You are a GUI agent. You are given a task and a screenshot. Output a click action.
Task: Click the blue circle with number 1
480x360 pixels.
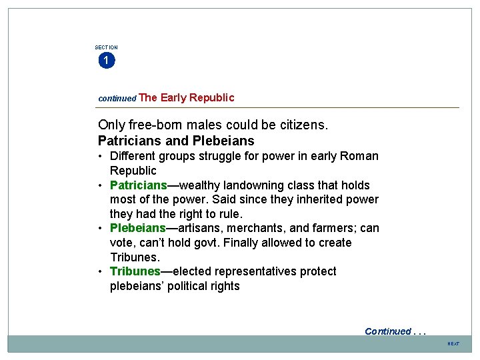tap(106, 61)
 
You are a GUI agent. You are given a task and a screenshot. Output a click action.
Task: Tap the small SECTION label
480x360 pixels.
tap(106, 47)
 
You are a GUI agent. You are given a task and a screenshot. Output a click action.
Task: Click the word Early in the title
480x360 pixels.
tap(173, 97)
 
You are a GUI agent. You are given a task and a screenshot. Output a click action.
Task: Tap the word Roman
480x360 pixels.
tap(361, 156)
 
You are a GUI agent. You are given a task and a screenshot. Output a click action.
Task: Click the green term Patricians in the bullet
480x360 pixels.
tap(138, 185)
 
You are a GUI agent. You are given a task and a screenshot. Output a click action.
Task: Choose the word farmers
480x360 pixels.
tap(325, 228)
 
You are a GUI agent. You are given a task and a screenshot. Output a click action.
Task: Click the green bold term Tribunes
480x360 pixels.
tap(135, 271)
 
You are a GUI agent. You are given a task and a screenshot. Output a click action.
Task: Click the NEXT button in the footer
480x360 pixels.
tap(453, 343)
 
